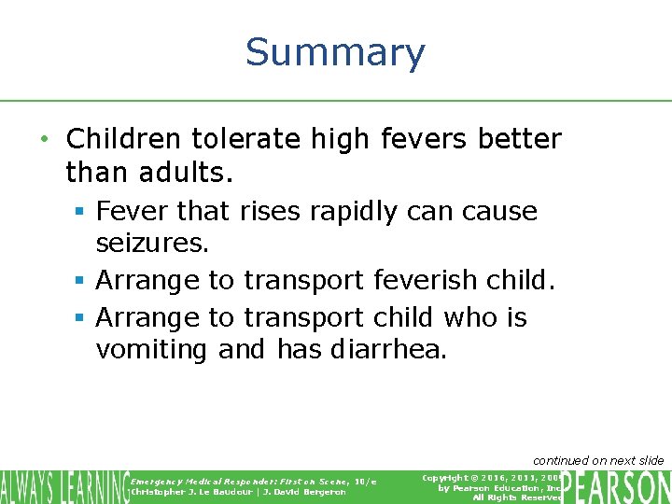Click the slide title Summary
point(335,52)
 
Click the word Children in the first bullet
point(123,139)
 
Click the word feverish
point(442,279)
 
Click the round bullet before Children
point(45,140)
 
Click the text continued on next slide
point(597,460)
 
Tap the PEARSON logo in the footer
point(618,486)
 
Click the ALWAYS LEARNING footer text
point(63,486)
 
